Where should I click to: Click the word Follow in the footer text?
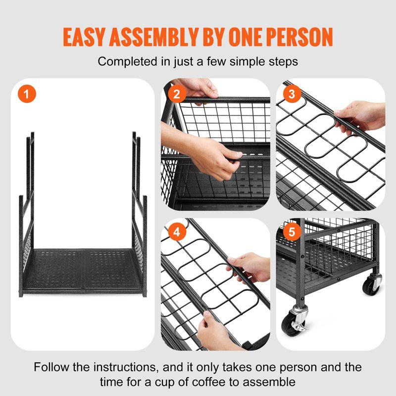point(51,367)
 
